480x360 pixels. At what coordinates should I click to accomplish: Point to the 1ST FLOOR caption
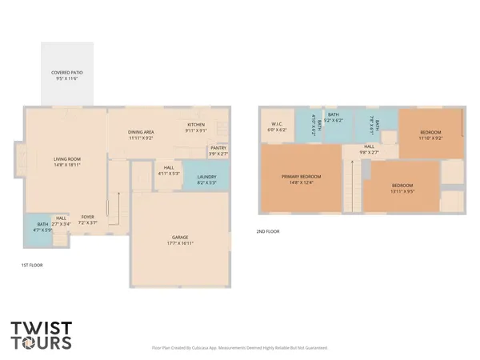(x=32, y=265)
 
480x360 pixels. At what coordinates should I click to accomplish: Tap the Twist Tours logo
(x=41, y=335)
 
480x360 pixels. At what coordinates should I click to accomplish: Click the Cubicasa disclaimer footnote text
(x=239, y=348)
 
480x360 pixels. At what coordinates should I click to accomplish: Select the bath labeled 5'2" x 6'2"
(x=333, y=118)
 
